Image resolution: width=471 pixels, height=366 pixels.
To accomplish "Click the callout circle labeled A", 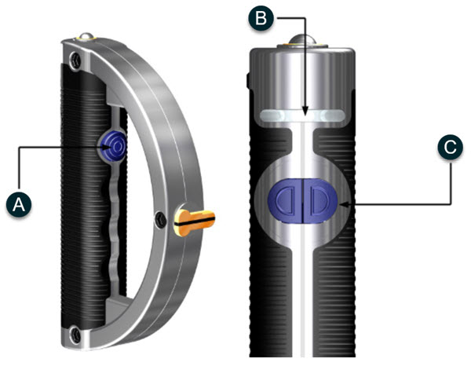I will [x=20, y=205].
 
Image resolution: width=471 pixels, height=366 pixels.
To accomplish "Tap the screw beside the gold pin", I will [x=160, y=218].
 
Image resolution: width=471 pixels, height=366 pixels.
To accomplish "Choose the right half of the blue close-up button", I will [x=323, y=203].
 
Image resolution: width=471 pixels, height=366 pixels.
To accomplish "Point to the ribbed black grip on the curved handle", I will [x=75, y=196].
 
